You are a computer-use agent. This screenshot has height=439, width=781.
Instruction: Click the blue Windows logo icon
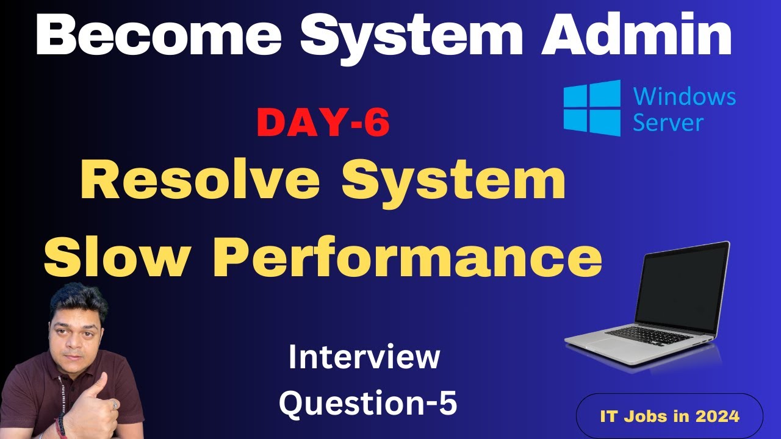coord(591,108)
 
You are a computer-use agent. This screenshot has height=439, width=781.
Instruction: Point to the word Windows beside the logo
coord(685,96)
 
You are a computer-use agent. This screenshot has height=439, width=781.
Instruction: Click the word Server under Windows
coord(668,123)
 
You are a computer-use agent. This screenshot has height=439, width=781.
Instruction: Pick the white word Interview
coord(364,357)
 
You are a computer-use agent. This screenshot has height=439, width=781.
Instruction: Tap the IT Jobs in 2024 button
coord(669,416)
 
